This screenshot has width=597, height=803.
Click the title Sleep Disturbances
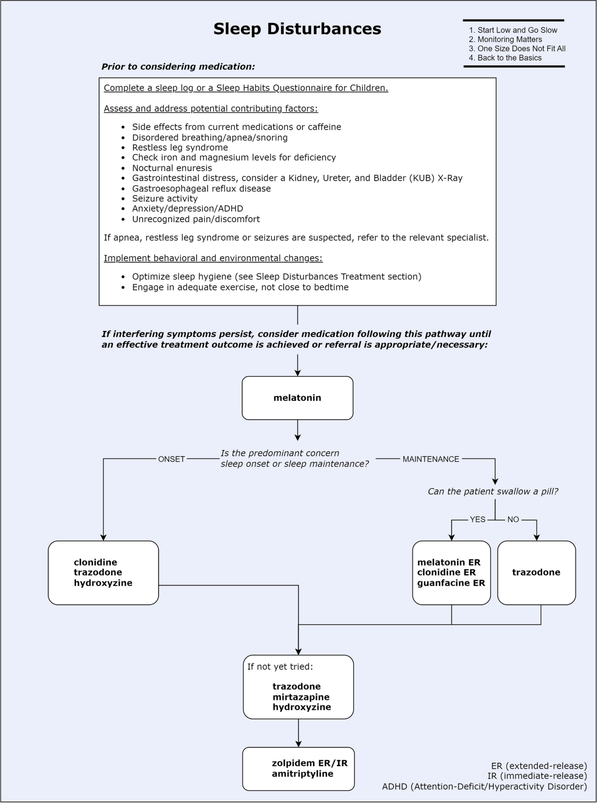[297, 29]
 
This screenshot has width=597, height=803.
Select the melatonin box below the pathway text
[298, 398]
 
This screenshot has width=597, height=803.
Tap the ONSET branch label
[172, 459]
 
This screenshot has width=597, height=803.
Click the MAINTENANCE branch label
[430, 459]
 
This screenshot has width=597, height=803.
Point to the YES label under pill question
[478, 520]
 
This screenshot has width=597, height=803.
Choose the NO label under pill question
[513, 520]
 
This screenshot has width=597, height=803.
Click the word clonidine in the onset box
[96, 562]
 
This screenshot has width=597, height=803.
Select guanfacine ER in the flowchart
[451, 583]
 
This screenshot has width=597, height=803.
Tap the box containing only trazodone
[537, 573]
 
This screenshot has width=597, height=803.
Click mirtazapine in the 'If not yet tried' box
[301, 697]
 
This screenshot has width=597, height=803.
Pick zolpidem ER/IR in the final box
[310, 763]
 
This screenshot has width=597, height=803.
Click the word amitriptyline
[302, 773]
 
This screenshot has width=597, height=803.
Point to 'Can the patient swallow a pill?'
[493, 491]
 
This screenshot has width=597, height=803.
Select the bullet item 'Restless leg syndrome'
[180, 147]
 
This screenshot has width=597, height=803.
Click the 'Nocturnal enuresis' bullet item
[172, 168]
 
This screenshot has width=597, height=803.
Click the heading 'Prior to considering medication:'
[179, 67]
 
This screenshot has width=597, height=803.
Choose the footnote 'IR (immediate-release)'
[537, 776]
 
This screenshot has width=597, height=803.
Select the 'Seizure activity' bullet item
[165, 199]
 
